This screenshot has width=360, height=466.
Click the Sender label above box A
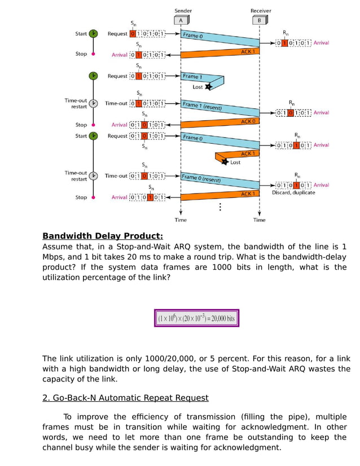tap(183, 11)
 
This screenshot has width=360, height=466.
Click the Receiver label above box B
tap(260, 11)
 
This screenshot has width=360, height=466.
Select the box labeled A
tap(181, 21)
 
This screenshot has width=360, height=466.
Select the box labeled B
tap(259, 21)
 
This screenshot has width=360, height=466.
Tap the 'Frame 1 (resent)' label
tap(202, 106)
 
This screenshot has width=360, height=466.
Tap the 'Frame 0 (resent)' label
tap(201, 179)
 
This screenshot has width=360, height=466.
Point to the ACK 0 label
tap(248, 121)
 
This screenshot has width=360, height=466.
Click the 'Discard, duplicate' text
tap(293, 193)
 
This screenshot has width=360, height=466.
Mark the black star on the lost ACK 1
tap(225, 162)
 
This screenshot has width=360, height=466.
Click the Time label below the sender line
tap(181, 219)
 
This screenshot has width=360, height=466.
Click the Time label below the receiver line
tap(259, 219)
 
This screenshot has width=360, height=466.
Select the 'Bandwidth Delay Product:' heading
tap(103, 236)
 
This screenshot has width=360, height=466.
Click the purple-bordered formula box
tap(197, 318)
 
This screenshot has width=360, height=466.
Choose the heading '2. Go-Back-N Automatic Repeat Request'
tap(125, 398)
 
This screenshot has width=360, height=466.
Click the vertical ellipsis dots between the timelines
tap(220, 207)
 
